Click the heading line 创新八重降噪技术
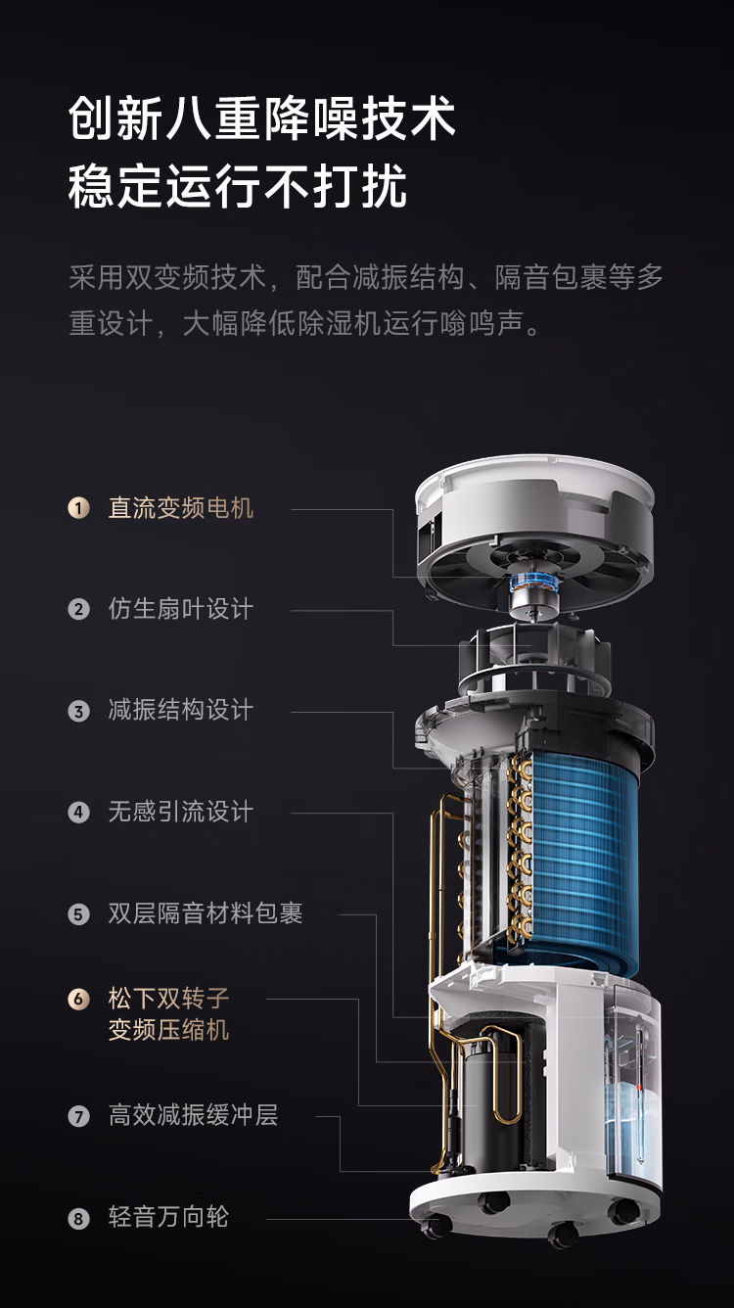click(x=261, y=118)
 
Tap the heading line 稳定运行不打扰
click(x=237, y=186)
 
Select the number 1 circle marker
click(x=79, y=508)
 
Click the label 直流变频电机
click(x=181, y=508)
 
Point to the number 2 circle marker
click(x=79, y=610)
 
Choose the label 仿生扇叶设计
click(x=181, y=609)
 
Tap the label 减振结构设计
click(x=181, y=711)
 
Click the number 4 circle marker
click(x=79, y=813)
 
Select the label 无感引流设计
click(x=181, y=812)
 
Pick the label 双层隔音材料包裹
click(x=206, y=913)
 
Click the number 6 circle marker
click(x=79, y=999)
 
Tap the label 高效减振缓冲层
click(x=193, y=1115)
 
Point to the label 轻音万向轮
click(x=168, y=1217)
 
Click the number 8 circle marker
click(x=79, y=1219)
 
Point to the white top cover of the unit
click(x=534, y=502)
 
